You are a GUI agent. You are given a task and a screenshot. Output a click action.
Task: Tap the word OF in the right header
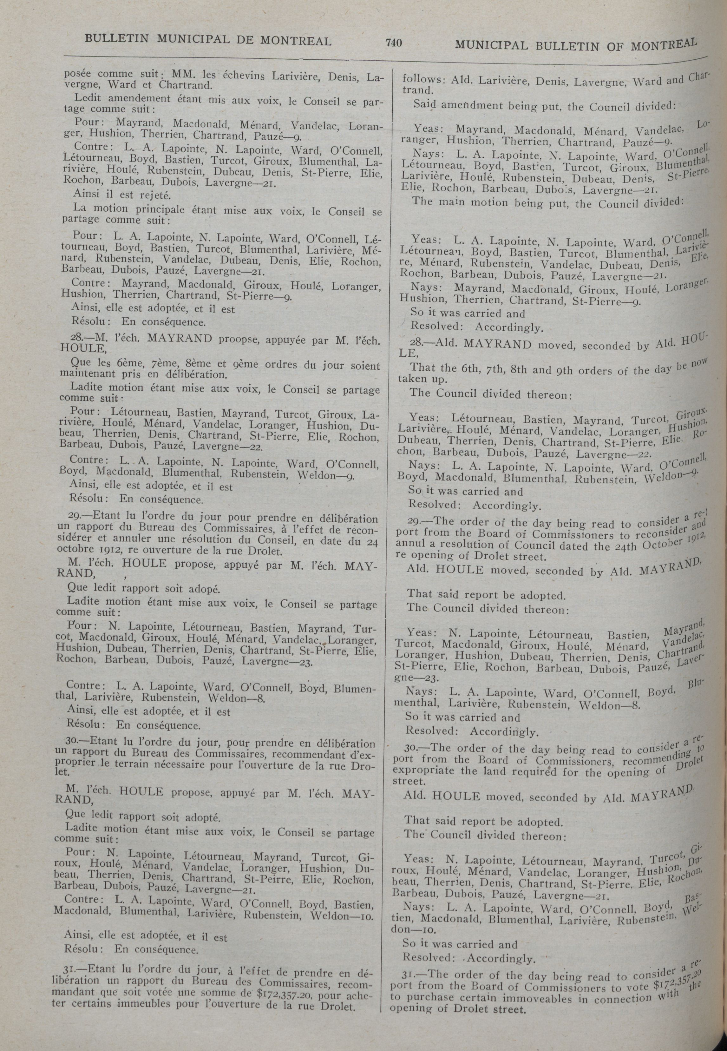(613, 46)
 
